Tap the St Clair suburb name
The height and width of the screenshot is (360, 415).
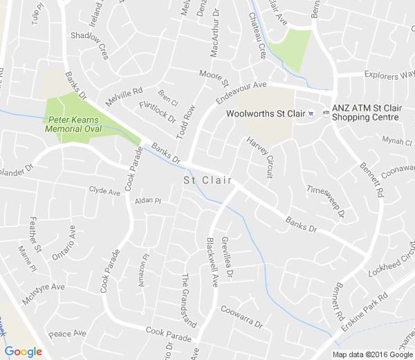207,180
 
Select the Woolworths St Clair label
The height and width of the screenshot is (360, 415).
266,114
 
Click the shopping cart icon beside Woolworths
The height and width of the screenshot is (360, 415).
312,114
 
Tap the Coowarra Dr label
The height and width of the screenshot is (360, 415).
241,317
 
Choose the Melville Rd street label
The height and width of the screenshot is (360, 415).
124,96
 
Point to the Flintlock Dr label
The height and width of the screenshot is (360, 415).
158,111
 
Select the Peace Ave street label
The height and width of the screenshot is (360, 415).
67,333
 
